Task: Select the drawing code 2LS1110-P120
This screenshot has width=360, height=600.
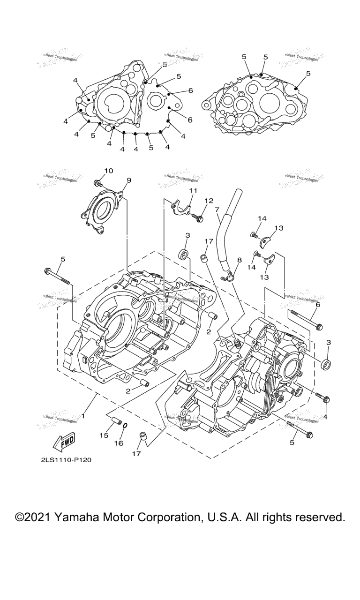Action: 66,460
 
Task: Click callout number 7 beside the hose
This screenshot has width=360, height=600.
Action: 217,210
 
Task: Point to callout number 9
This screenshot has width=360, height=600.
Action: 128,180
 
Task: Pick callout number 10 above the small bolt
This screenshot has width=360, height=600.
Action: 108,171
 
